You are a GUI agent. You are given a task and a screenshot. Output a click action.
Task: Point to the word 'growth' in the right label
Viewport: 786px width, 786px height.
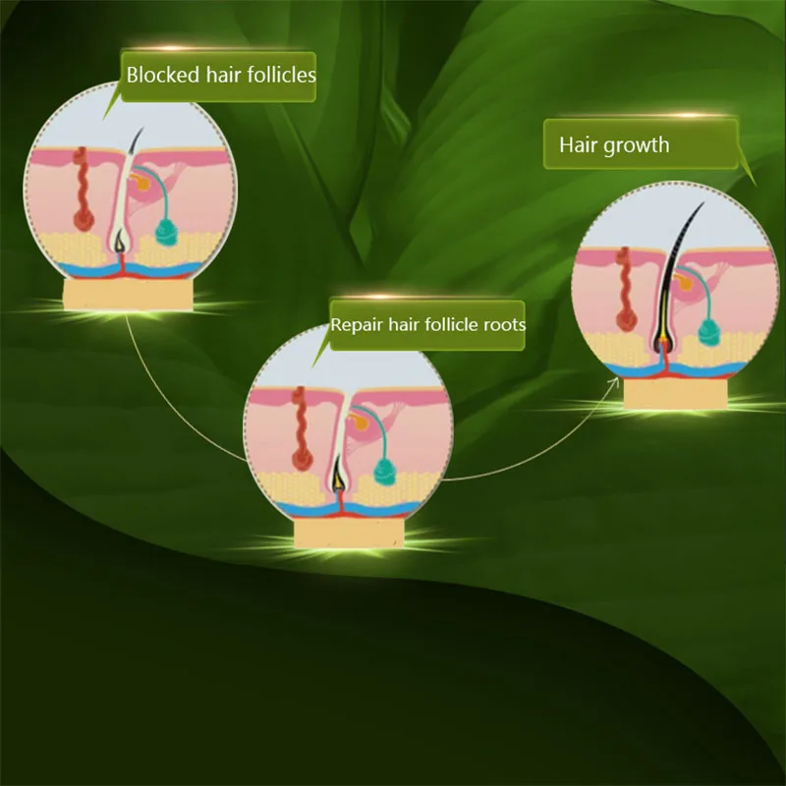click(638, 145)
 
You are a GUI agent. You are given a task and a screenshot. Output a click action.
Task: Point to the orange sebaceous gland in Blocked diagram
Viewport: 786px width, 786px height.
click(145, 183)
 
